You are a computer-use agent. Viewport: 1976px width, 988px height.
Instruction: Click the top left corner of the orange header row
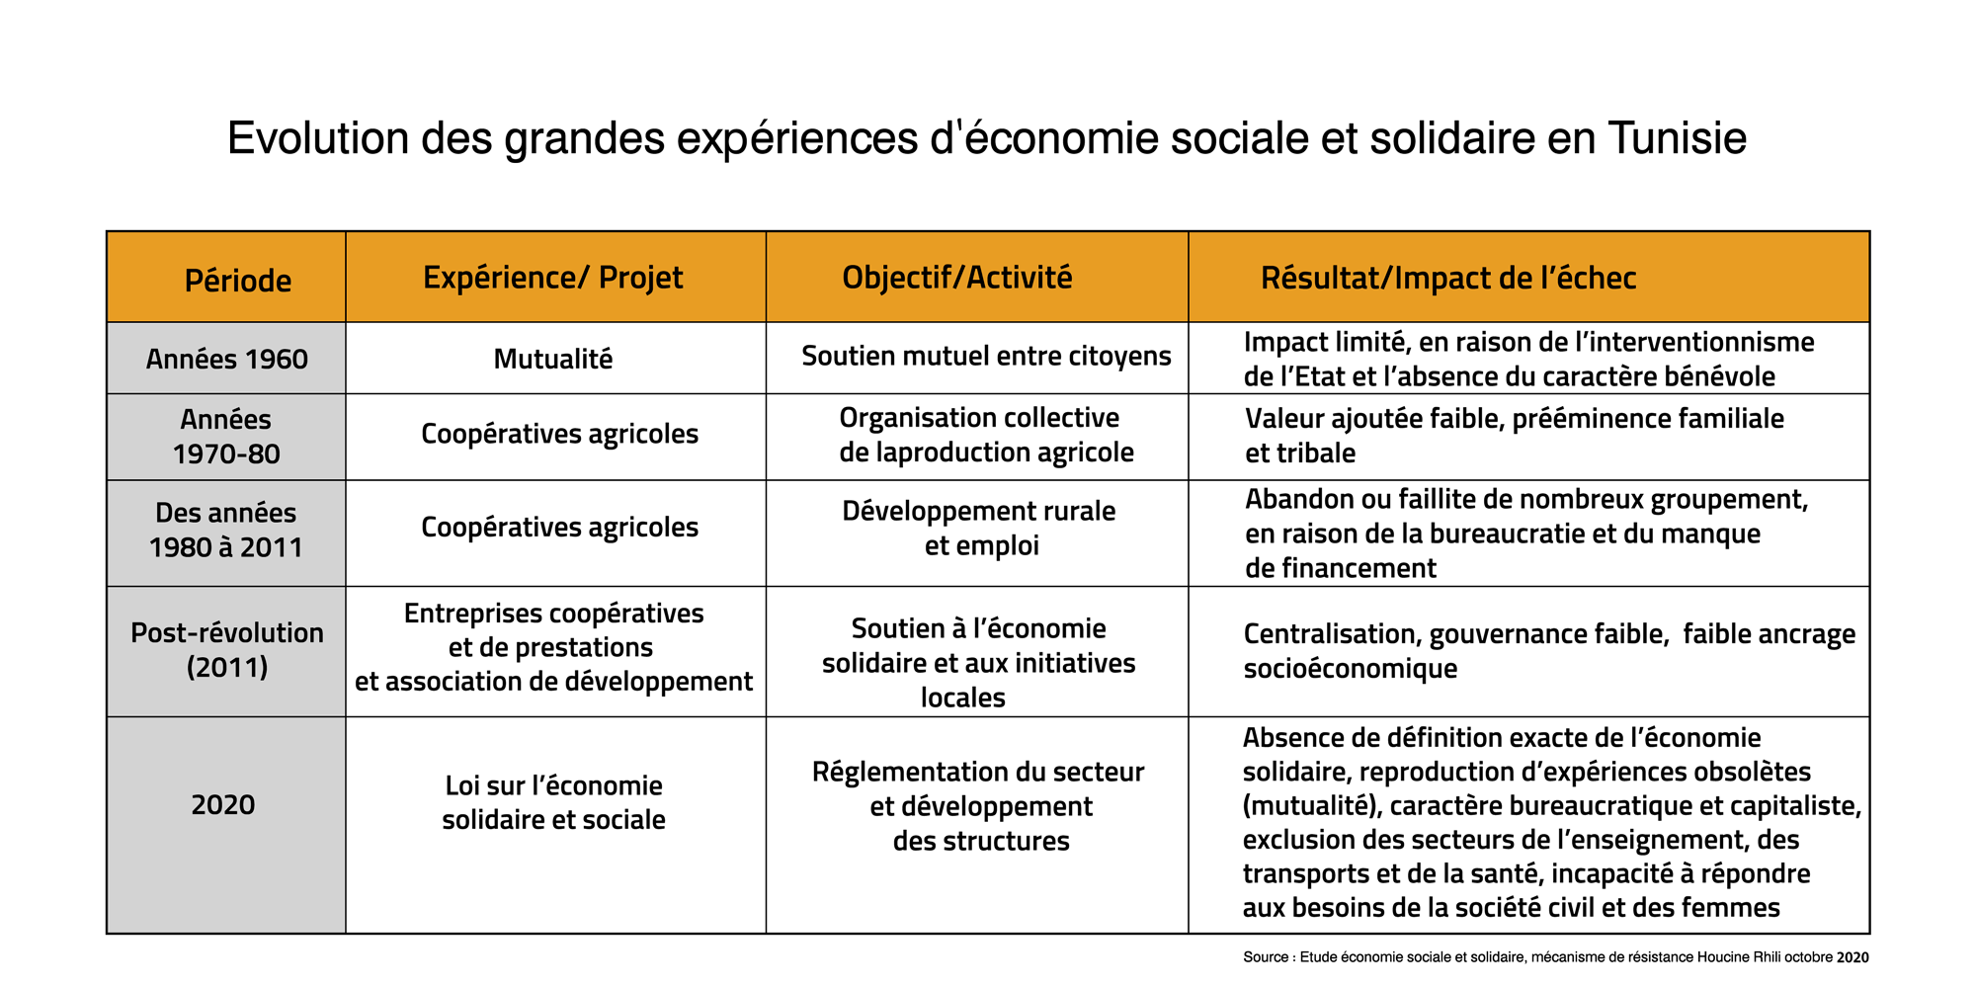point(107,232)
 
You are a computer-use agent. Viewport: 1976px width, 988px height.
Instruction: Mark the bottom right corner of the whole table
point(1869,933)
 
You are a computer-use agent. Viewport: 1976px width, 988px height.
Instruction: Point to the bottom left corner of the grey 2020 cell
point(107,933)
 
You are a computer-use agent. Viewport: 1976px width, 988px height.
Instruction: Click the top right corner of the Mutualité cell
point(766,322)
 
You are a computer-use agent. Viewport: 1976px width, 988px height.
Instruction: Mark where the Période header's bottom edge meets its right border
point(346,322)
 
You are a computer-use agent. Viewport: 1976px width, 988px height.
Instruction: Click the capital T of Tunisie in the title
point(1619,138)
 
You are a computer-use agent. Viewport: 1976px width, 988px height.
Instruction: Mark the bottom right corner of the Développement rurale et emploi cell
point(1189,586)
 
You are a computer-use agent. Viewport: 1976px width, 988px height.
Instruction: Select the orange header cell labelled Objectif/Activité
point(977,278)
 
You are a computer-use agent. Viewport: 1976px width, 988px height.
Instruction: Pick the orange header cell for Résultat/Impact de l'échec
point(1528,278)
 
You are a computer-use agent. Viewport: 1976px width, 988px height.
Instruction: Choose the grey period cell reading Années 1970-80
point(226,437)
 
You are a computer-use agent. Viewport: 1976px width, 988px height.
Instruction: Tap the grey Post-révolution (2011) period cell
point(226,651)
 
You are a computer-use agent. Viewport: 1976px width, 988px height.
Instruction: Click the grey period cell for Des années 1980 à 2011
point(226,533)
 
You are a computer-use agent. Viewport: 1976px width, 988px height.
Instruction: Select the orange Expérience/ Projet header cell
point(555,278)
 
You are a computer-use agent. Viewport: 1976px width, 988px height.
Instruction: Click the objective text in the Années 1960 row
point(986,356)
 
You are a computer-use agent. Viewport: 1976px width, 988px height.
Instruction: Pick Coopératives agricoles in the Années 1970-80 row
point(559,434)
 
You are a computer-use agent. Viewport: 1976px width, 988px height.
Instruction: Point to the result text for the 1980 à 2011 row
point(1526,534)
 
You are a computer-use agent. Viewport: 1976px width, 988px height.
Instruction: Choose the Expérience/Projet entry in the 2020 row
point(553,802)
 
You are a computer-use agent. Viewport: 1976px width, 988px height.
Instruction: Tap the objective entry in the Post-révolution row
point(978,663)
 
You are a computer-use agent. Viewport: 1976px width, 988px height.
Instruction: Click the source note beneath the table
point(1556,956)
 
